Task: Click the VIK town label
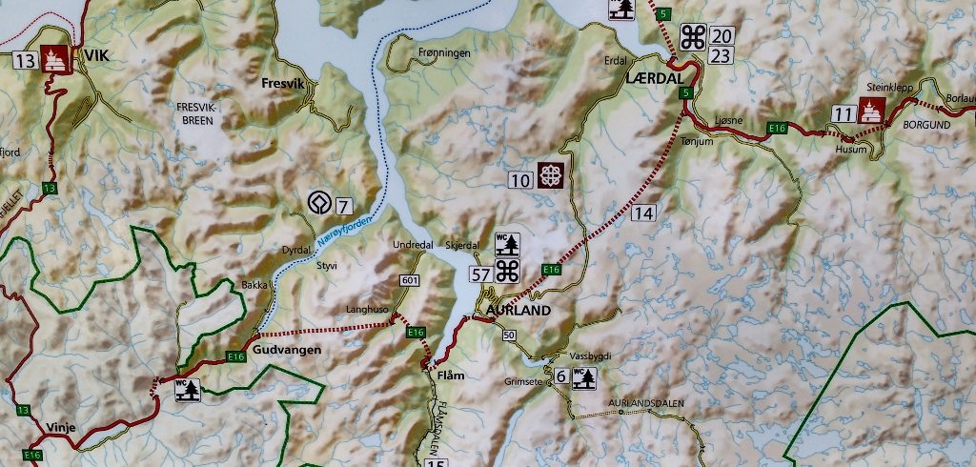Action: click(97, 55)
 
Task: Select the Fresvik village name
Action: click(282, 84)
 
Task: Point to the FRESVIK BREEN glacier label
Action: click(197, 114)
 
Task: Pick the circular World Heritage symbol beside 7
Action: click(317, 203)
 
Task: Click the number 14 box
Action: click(643, 213)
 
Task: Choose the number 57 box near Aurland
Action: click(482, 274)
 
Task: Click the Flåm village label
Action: click(450, 376)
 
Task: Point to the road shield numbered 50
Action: click(508, 335)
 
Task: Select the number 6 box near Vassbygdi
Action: click(561, 377)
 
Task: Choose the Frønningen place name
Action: click(444, 53)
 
